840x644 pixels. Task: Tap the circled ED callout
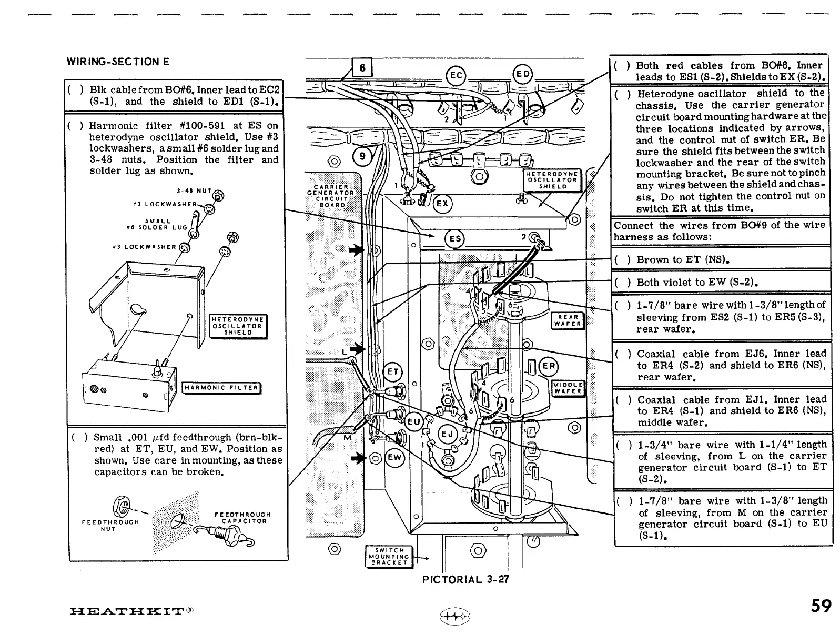[x=522, y=74]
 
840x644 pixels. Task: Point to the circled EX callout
[x=442, y=204]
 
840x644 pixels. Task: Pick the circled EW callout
[x=394, y=458]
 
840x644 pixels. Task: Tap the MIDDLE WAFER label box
[x=568, y=388]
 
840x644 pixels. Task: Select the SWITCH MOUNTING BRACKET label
[x=388, y=556]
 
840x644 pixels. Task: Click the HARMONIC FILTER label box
[x=221, y=388]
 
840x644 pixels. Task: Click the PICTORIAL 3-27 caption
[x=465, y=580]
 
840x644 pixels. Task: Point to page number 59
[x=821, y=606]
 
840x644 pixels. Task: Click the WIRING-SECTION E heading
[x=118, y=62]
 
